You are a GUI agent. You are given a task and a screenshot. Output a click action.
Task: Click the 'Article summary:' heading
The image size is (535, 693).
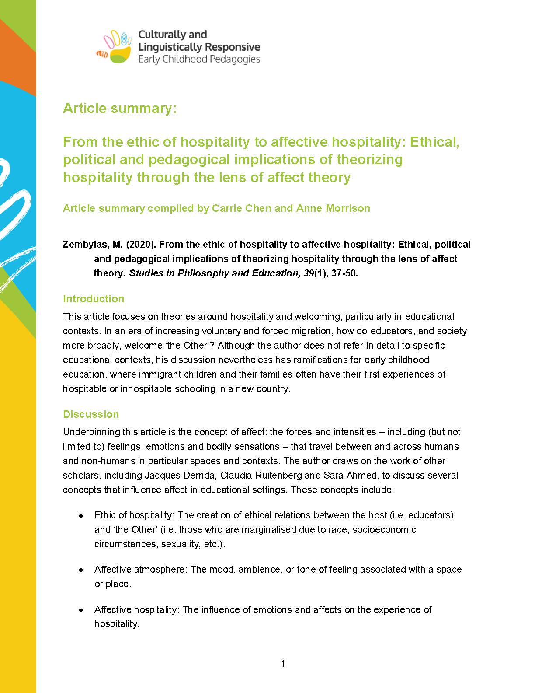120,108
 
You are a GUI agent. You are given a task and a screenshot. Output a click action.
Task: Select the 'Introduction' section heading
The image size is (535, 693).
94,299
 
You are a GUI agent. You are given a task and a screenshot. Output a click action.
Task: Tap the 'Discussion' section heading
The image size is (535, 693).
91,414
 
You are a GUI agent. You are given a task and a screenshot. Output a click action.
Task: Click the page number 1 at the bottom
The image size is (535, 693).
283,664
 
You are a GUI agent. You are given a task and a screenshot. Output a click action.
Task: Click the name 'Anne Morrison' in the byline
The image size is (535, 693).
333,208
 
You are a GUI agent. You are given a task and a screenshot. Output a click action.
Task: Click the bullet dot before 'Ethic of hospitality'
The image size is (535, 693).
81,516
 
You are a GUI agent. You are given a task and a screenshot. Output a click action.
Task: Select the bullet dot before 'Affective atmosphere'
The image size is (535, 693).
81,570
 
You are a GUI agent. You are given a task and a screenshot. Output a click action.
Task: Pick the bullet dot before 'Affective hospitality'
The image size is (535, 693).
81,610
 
